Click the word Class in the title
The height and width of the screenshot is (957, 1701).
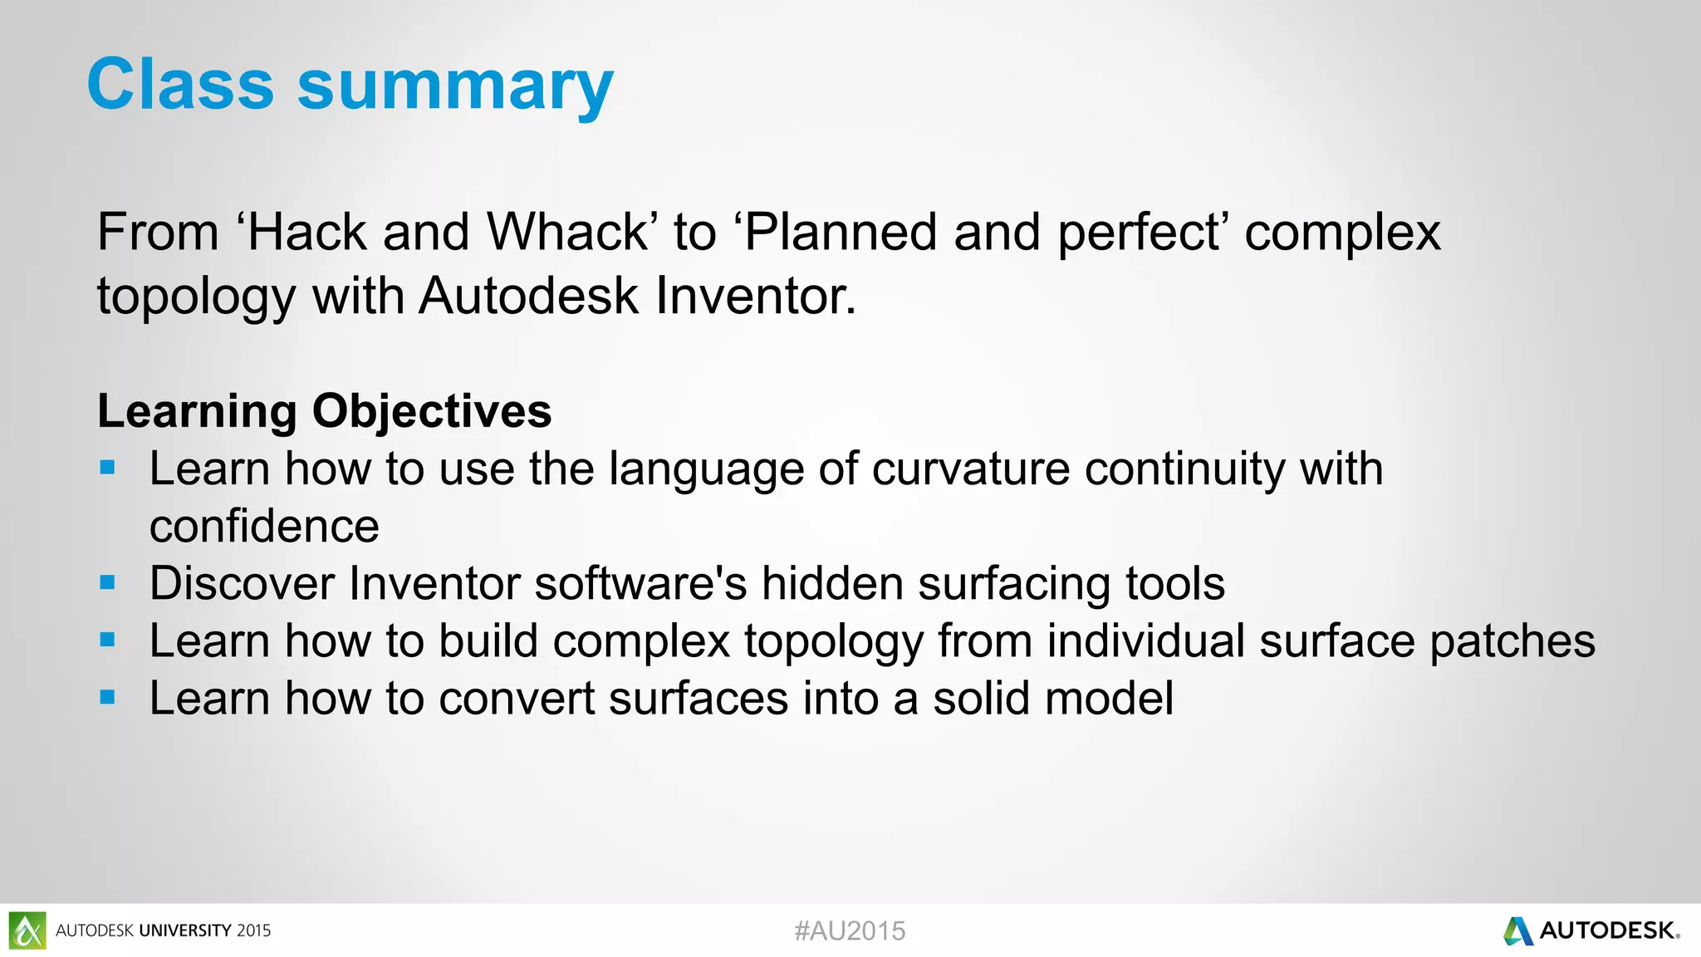point(180,84)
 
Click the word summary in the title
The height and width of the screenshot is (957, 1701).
point(455,87)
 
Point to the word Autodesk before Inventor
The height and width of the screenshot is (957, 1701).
point(528,296)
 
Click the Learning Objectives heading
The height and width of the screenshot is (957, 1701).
point(324,410)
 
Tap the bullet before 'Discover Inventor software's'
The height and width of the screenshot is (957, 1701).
point(107,582)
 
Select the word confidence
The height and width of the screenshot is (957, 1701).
point(264,526)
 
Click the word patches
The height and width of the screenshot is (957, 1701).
point(1512,641)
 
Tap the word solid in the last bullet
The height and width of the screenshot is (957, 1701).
point(982,698)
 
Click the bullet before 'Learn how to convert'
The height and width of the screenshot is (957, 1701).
point(107,697)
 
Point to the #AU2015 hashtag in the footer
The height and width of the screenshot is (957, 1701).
point(850,930)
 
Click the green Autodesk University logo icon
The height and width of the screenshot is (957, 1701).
point(27,930)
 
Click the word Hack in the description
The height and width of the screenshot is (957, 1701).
point(306,232)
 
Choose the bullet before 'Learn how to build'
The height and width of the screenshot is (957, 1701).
point(107,640)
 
